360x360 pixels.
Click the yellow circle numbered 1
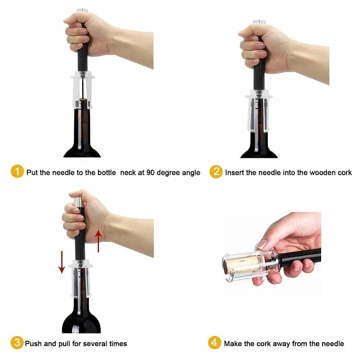(17, 172)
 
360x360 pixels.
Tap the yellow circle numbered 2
(216, 172)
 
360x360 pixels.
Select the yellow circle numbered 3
(17, 343)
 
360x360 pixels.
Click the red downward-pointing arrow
(61, 262)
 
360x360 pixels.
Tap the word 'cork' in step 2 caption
(344, 172)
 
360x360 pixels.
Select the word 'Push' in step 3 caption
(35, 344)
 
